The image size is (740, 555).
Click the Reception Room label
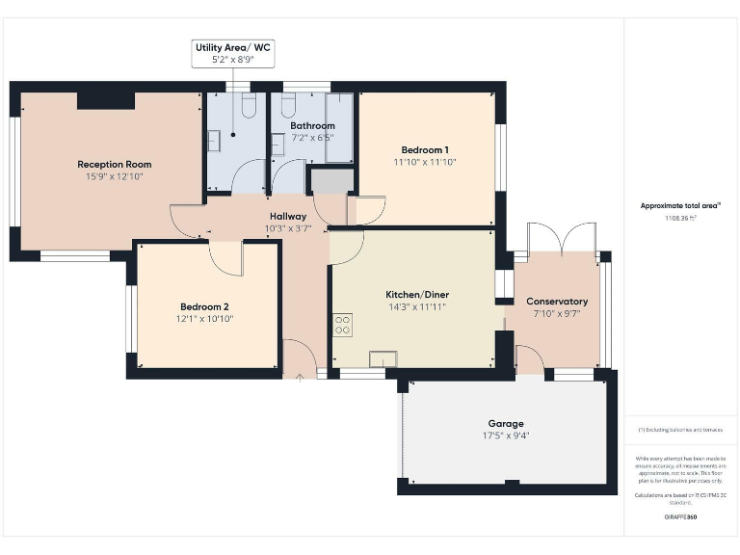coord(115,165)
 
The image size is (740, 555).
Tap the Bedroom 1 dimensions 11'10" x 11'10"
coord(425,162)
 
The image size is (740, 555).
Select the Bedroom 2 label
coord(204,306)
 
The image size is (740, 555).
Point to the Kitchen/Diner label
coord(417,294)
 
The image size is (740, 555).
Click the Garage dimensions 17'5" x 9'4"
coord(506,436)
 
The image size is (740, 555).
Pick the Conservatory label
coord(557,302)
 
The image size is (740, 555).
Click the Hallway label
coord(287,217)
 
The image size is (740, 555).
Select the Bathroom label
coord(312,126)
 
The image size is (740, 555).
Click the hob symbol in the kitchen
coord(342,325)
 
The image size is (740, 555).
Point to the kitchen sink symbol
coord(383,358)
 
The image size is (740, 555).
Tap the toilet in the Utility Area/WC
coord(248,105)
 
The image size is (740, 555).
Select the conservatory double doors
coord(562,238)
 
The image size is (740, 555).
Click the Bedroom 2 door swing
coord(225,257)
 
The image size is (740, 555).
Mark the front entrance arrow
coord(300,374)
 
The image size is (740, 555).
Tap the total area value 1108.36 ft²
coord(681,219)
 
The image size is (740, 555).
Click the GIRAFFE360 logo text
coord(681,517)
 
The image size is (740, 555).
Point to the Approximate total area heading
coord(681,205)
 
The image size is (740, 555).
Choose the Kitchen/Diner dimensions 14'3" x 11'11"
coord(417,306)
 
